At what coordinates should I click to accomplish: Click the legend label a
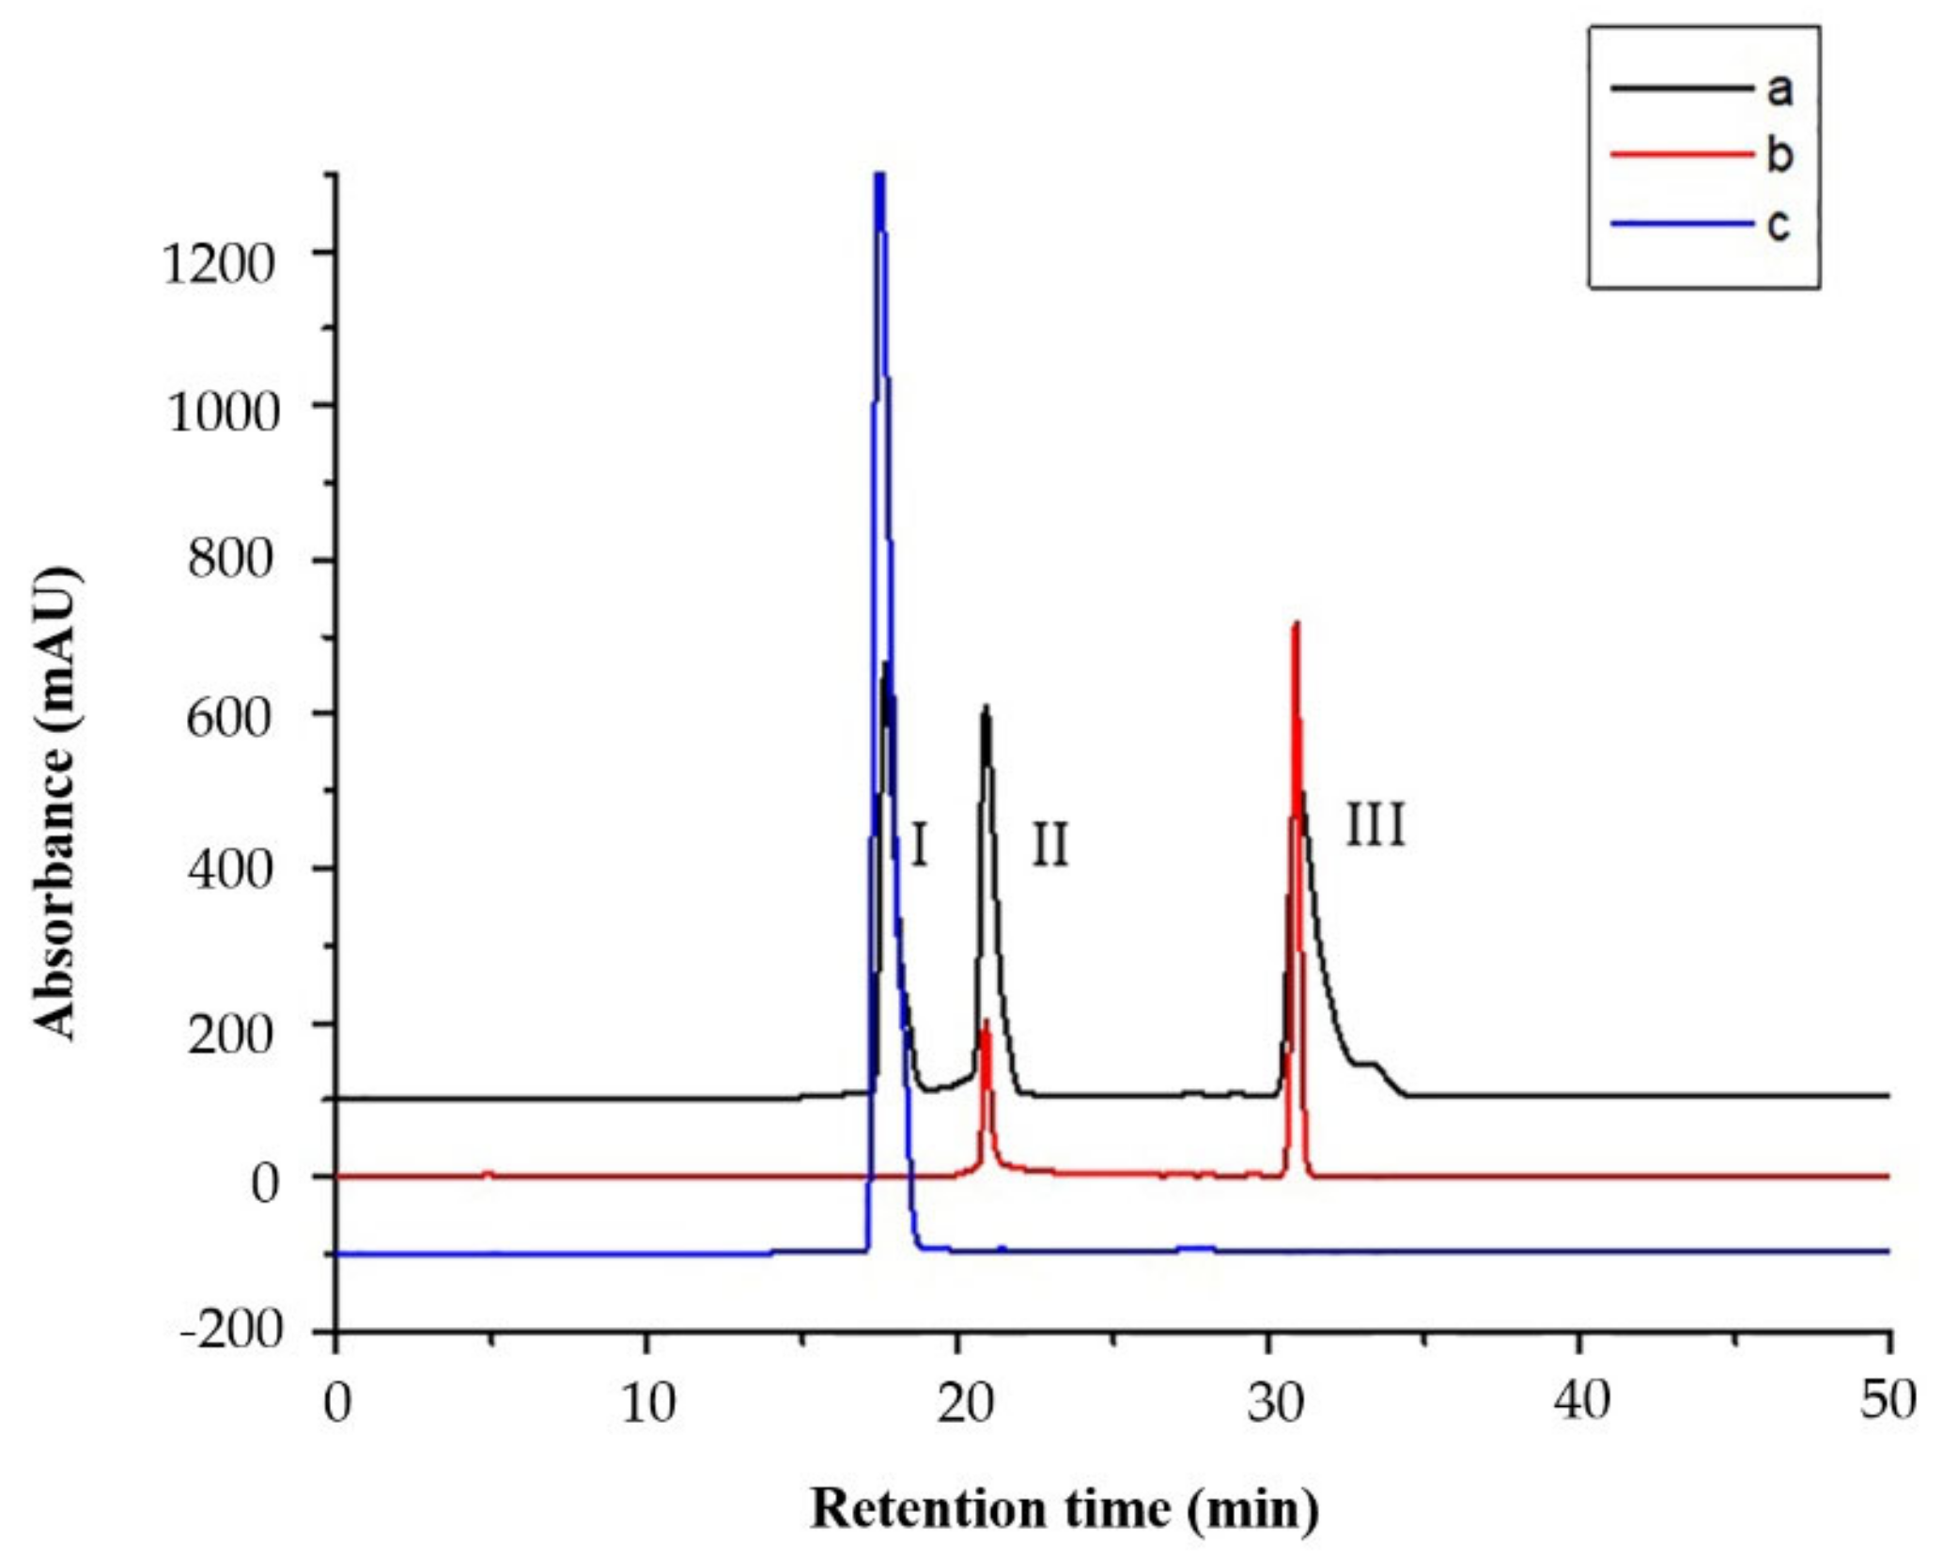coord(1780,90)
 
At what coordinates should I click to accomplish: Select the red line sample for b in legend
coord(1681,155)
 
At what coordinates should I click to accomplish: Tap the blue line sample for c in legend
coord(1681,225)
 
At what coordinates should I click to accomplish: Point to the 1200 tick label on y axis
coord(222,264)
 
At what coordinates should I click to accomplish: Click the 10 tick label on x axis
coord(646,1403)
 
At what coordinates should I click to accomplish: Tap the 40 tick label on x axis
coord(1579,1401)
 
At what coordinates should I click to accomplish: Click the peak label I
coord(919,845)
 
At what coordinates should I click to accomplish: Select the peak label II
coord(1049,845)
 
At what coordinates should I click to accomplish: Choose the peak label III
coord(1376,826)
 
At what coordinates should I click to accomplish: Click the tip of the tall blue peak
coord(879,177)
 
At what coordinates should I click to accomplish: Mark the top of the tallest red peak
coord(1297,624)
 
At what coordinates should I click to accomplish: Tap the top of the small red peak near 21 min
coord(986,1022)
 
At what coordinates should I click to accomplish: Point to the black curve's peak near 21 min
coord(986,707)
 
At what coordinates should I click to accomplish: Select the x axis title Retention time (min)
coord(1064,1509)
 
